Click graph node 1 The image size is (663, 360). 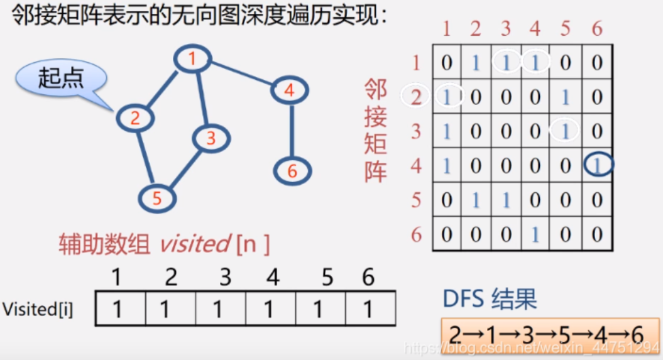tap(192, 58)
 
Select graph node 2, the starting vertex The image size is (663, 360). tap(135, 118)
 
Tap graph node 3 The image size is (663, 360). tap(211, 138)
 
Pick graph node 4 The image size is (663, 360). tap(290, 90)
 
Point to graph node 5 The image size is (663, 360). tap(157, 198)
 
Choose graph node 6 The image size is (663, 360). tap(292, 171)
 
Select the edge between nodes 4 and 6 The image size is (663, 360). tap(292, 131)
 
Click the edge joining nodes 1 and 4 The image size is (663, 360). tap(241, 74)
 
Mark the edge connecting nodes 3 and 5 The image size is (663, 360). tap(186, 170)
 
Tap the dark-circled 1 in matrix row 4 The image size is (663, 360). tap(598, 165)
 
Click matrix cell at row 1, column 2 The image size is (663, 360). tap(476, 62)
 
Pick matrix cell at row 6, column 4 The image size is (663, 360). tap(535, 234)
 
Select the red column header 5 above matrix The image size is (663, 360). tap(566, 29)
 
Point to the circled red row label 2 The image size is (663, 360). tap(415, 97)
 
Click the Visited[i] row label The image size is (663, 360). tap(38, 309)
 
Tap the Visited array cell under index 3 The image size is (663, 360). tap(221, 308)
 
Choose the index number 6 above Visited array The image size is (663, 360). tap(368, 277)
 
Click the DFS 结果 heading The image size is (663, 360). tap(490, 298)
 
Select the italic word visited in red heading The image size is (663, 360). tap(195, 244)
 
